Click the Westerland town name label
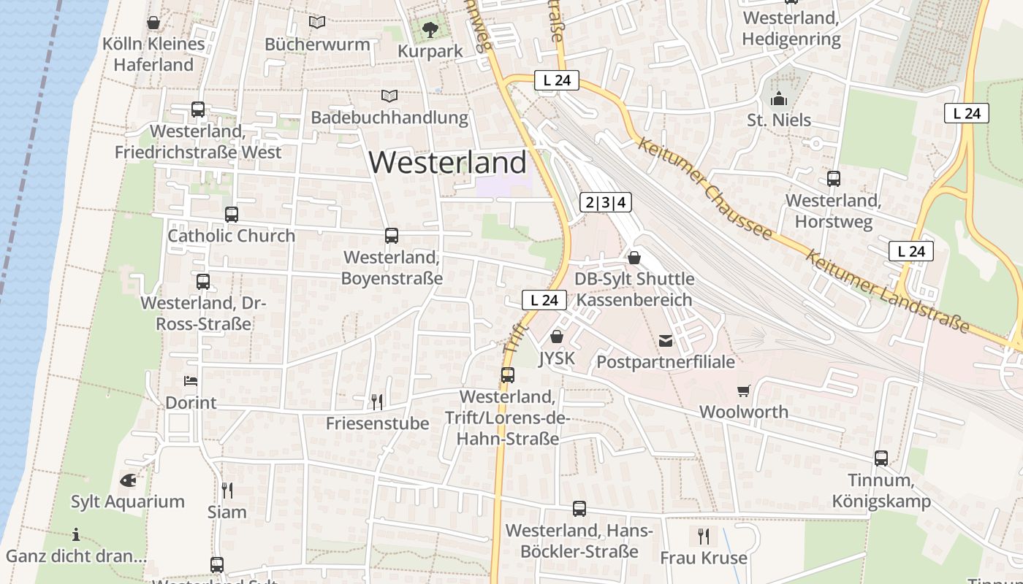[x=447, y=162]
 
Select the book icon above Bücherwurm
[x=317, y=23]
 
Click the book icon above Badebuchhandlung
[x=390, y=96]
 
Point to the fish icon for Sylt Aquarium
[x=128, y=480]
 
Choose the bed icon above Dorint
[x=191, y=381]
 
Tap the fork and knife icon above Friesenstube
[x=377, y=401]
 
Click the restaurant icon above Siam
[x=227, y=490]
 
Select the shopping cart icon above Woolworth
[x=744, y=391]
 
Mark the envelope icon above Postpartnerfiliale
[x=666, y=340]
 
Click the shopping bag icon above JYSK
[x=557, y=337]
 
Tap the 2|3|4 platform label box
[x=606, y=202]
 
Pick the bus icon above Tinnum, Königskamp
[x=881, y=458]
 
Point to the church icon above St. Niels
[x=779, y=98]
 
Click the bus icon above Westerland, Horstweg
[x=834, y=178]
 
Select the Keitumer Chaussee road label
[x=704, y=187]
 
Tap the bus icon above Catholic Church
[x=232, y=215]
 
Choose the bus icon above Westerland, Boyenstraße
[x=392, y=236]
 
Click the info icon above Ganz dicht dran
[x=76, y=534]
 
